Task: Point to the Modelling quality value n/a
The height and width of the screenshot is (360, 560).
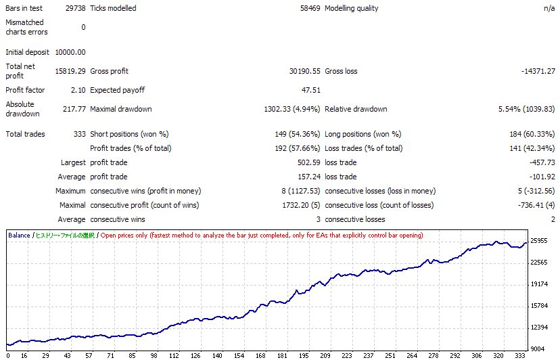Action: coord(549,8)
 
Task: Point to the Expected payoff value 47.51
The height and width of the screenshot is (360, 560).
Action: coord(310,90)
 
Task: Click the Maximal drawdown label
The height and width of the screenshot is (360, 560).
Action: coord(120,109)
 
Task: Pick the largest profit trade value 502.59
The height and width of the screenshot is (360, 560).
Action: coord(309,162)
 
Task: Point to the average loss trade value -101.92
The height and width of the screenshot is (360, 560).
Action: coord(543,177)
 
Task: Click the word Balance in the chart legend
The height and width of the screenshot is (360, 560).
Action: coord(19,235)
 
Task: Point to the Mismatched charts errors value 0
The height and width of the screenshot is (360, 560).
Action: coord(83,27)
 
